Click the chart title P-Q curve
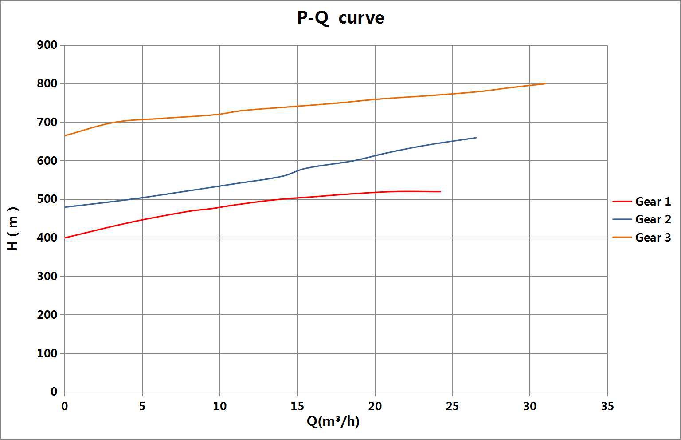coord(340,18)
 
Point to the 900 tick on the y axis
coord(48,45)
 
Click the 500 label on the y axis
coord(48,199)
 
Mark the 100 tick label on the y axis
coord(48,353)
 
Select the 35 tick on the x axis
coord(607,406)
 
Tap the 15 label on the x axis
coord(297,406)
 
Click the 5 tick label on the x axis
coord(142,406)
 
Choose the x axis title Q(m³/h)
coord(333,421)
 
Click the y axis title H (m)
coord(13,229)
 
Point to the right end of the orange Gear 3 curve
coord(545,83)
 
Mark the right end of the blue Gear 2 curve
coord(476,138)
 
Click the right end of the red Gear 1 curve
coord(440,191)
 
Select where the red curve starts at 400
coord(65,238)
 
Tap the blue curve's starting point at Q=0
coord(65,207)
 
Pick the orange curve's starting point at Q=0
coord(65,135)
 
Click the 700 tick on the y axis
coord(48,122)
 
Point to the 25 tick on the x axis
coord(452,406)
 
